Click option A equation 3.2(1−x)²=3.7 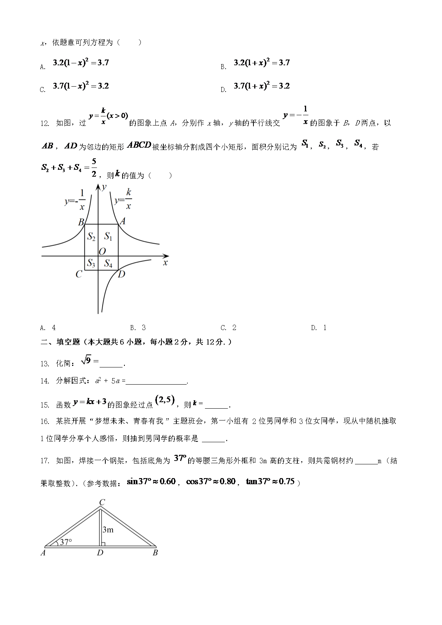[81, 63]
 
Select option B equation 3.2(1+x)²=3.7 [261, 63]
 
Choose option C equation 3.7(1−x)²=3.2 [81, 86]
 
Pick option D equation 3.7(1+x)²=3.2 [261, 86]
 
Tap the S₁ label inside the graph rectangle [108, 237]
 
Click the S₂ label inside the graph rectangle [91, 237]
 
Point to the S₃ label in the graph [91, 263]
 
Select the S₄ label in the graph [108, 263]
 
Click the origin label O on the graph [102, 251]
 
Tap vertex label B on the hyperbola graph [81, 222]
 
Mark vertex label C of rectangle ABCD [79, 274]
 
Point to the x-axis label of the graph [165, 263]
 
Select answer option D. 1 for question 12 [319, 327]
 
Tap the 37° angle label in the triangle [66, 542]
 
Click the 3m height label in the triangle [108, 529]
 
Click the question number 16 [45, 421]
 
